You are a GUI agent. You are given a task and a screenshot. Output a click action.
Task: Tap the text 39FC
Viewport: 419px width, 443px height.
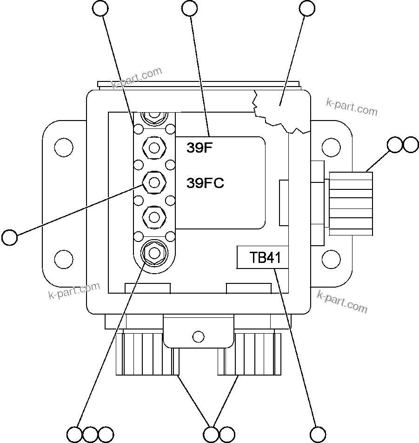click(205, 183)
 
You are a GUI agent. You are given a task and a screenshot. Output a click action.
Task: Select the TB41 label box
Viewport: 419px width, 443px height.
click(262, 257)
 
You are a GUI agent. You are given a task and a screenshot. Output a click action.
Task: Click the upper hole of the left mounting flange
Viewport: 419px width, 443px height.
click(64, 148)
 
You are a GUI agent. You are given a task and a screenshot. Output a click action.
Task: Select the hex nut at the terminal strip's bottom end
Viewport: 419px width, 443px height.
click(153, 252)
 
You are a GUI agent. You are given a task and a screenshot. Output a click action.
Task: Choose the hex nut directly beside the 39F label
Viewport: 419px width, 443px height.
click(153, 148)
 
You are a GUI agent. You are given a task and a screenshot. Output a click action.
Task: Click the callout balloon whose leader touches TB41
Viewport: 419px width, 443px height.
click(319, 434)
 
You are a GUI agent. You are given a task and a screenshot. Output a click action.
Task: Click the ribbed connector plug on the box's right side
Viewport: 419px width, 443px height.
click(351, 203)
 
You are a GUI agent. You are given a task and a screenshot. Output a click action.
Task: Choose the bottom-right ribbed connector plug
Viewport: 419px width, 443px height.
click(249, 354)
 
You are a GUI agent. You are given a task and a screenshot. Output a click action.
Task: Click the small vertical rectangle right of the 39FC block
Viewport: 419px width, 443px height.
click(284, 203)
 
